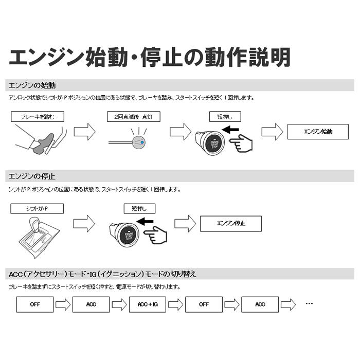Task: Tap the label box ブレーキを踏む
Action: [x=37, y=117]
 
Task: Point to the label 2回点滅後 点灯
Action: [x=130, y=117]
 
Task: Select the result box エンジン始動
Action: [x=318, y=132]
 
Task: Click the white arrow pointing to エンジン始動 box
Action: [x=272, y=132]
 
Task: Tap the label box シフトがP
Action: [x=37, y=208]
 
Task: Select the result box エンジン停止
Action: [x=230, y=223]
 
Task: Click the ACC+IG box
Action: [x=148, y=304]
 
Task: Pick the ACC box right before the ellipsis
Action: [x=260, y=304]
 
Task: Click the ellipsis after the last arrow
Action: [x=309, y=303]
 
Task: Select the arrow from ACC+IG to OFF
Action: [x=176, y=304]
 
